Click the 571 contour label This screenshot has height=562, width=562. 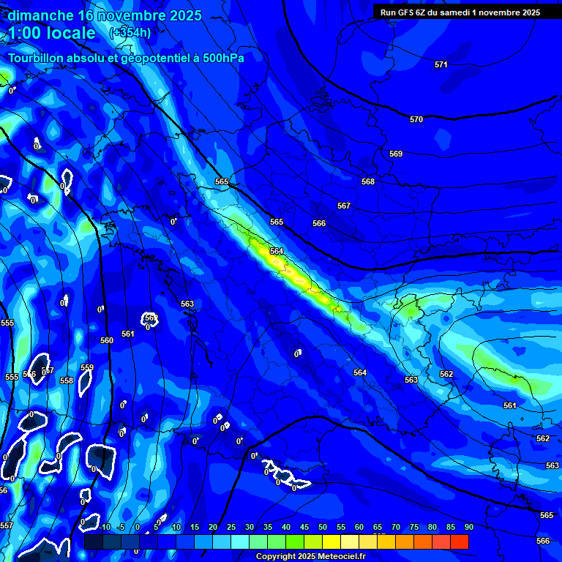coord(441,65)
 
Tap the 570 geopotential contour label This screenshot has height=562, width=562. coord(416,119)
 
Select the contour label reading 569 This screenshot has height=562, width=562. coord(396,154)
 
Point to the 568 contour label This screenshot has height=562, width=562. coord(368,182)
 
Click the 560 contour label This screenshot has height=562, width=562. coord(107,340)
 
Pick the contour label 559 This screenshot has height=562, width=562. coord(87,368)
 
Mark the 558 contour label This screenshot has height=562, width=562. coord(67,381)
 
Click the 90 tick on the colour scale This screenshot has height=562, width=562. coord(468,528)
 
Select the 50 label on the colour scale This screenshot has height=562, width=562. coord(322,528)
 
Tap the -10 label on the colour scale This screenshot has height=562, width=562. coord(104,528)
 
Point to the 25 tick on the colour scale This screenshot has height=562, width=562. coord(231,528)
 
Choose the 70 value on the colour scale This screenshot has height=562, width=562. coord(395,528)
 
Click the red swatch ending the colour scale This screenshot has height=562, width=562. coord(460,542)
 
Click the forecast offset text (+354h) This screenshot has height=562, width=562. coord(130,32)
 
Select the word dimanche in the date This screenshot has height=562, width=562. coord(40,15)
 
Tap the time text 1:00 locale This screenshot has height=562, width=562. coord(52,33)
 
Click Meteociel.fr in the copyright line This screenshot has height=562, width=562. coord(345,557)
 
